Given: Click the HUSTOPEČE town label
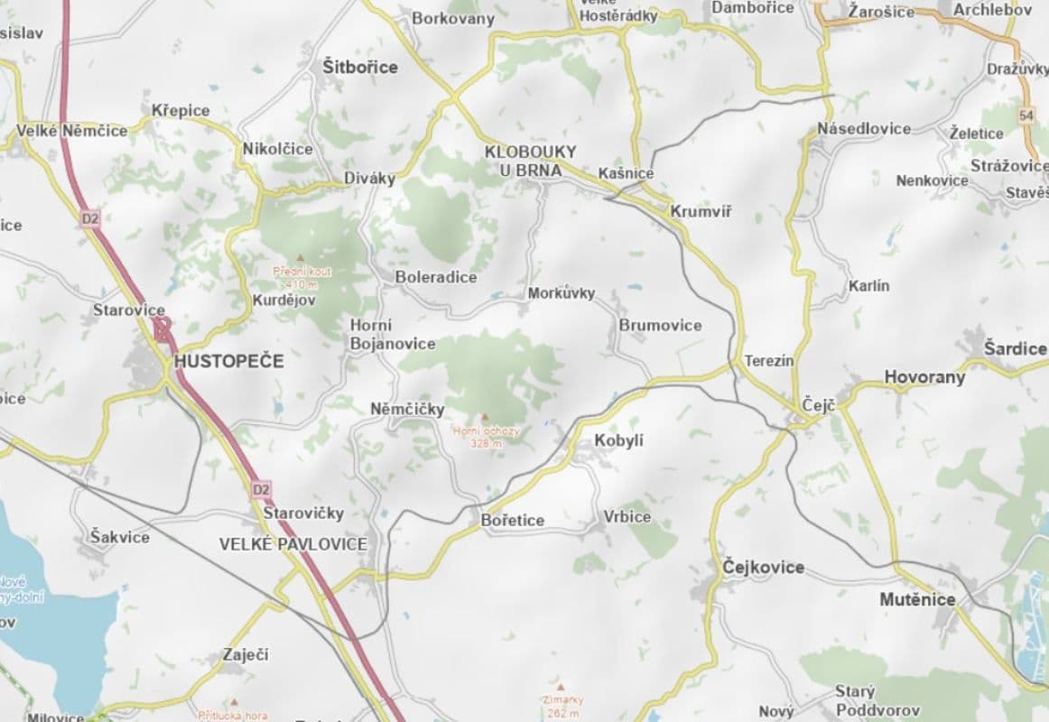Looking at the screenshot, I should (x=228, y=361).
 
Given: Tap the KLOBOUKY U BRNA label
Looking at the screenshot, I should (x=530, y=161).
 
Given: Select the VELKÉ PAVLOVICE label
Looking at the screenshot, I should (x=293, y=544).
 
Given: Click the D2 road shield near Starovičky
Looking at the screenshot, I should (x=261, y=490).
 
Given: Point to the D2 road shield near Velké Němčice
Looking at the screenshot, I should (x=88, y=218).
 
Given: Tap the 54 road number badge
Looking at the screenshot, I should (x=1026, y=116).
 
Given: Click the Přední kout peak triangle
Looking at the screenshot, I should (x=302, y=257).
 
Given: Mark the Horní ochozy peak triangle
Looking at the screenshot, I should (x=486, y=417).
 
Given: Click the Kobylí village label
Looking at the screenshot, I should (x=618, y=440).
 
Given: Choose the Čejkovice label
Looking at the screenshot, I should (x=763, y=567).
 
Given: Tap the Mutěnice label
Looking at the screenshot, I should (x=917, y=599).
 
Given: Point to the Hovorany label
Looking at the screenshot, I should (x=924, y=377).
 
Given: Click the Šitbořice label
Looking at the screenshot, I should (x=360, y=67).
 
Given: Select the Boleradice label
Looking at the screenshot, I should (x=436, y=277).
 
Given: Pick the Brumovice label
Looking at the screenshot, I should (x=660, y=325).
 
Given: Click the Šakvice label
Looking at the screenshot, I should (x=120, y=537).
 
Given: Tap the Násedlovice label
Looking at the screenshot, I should (x=864, y=128).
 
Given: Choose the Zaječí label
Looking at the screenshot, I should (x=246, y=654).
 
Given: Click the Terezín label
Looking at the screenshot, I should (x=769, y=361).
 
